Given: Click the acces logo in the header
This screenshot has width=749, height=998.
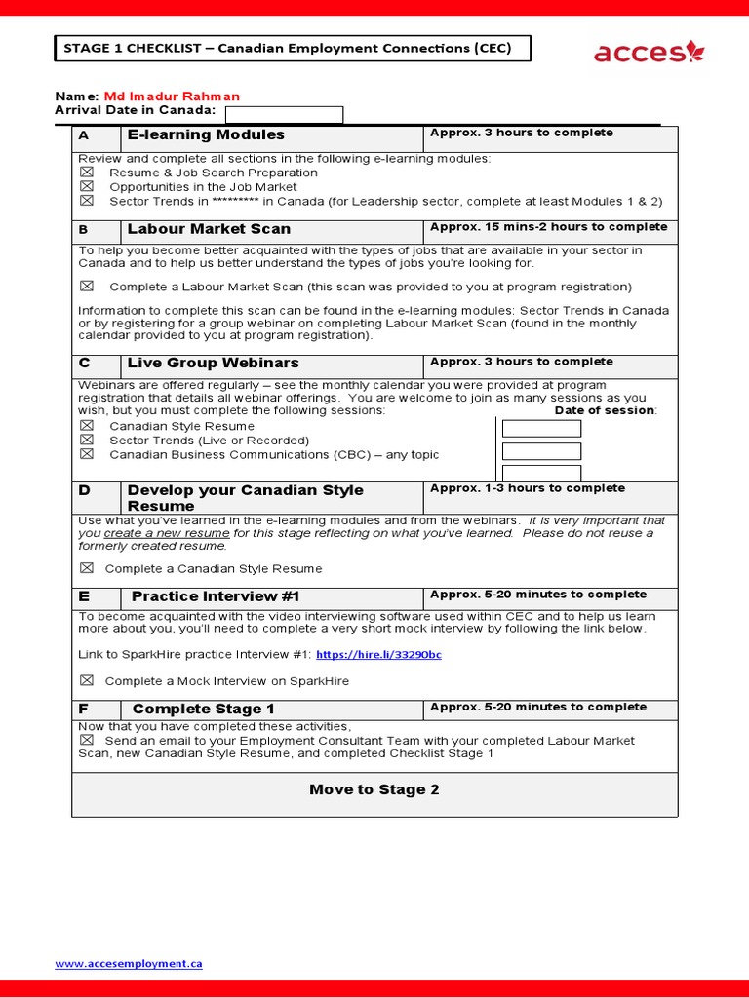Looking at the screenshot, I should [x=648, y=51].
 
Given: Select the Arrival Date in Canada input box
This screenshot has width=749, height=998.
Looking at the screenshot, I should [x=284, y=115].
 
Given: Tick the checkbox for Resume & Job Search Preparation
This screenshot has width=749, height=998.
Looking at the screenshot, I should [x=87, y=173].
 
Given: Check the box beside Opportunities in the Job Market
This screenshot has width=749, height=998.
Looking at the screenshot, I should [x=87, y=186].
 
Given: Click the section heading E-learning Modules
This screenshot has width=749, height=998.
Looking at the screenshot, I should [x=206, y=134].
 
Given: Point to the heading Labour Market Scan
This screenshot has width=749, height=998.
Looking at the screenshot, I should [x=209, y=229].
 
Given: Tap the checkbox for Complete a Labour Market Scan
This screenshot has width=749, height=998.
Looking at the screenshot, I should [x=87, y=287].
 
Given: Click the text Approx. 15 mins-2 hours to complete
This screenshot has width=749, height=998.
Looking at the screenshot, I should [x=548, y=227].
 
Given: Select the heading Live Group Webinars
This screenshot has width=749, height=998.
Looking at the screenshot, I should [x=213, y=363].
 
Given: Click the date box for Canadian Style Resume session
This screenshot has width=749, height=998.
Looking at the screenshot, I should [x=540, y=429].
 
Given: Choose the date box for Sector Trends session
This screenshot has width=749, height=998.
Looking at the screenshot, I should [x=540, y=451].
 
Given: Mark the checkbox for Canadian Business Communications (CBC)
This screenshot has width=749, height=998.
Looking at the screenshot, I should [x=87, y=454].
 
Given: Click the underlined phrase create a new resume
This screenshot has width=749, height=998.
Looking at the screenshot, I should [x=167, y=533].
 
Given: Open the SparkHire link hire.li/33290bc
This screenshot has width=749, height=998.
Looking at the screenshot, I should [x=378, y=655].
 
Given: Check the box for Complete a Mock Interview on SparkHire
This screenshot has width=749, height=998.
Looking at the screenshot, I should [x=87, y=681].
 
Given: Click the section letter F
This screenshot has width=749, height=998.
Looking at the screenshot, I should [x=84, y=709].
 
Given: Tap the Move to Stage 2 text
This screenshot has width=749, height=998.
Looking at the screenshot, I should [x=374, y=789].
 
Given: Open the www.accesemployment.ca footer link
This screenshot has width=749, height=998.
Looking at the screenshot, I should [x=129, y=963].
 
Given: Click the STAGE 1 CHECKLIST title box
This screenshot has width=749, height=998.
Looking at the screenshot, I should [x=292, y=49].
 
